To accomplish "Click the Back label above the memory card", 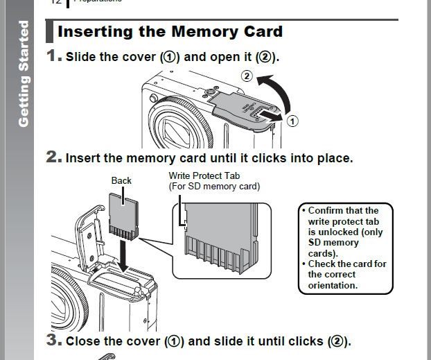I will [x=121, y=180].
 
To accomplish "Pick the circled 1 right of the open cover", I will [x=292, y=121].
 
